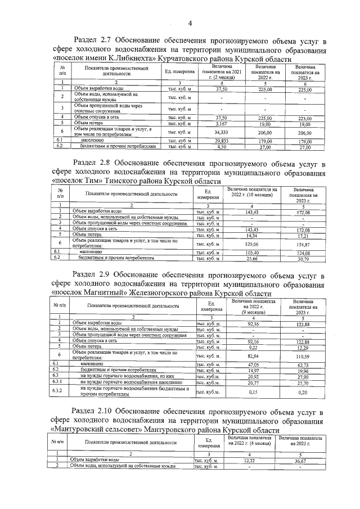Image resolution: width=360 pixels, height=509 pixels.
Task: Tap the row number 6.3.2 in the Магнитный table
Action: click(x=60, y=390)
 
